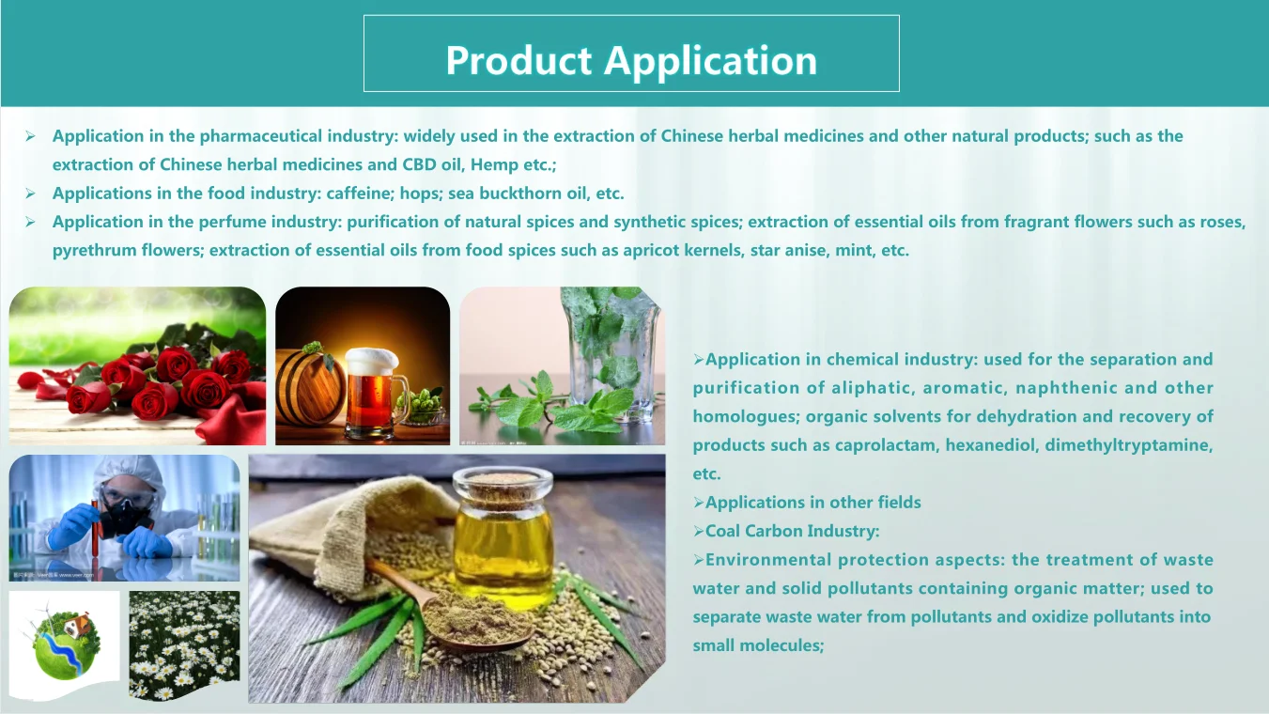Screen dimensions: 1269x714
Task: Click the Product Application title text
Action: (631, 60)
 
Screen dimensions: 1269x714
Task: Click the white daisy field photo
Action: (184, 645)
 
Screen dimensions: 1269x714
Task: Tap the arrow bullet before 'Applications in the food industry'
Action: (31, 194)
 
